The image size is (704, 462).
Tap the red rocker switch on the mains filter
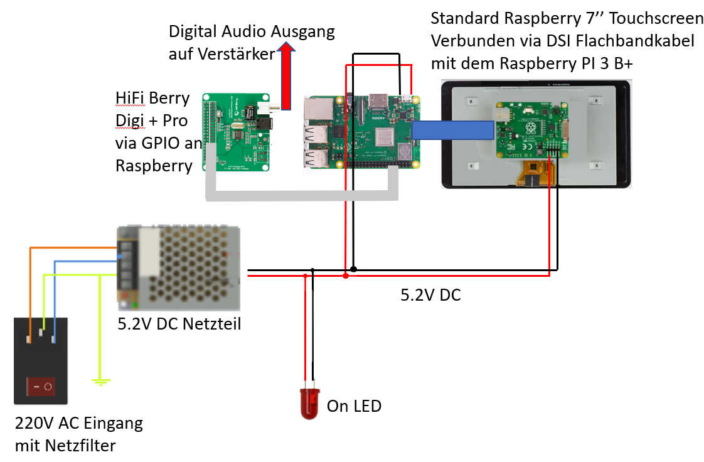[41, 386]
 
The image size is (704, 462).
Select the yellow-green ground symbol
[101, 382]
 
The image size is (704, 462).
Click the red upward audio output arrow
[286, 75]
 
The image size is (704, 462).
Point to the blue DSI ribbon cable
[453, 130]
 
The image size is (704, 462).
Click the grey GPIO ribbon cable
[301, 195]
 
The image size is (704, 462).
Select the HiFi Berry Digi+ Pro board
[238, 132]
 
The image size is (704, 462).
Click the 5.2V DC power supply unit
[179, 268]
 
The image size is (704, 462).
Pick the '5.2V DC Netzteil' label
[179, 324]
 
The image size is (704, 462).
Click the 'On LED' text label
[354, 406]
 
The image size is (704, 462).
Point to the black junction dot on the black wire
[353, 269]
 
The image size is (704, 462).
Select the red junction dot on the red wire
[345, 275]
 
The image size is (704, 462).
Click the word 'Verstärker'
[236, 54]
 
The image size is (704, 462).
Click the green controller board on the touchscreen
[531, 130]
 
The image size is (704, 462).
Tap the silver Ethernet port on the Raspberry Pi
[318, 109]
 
